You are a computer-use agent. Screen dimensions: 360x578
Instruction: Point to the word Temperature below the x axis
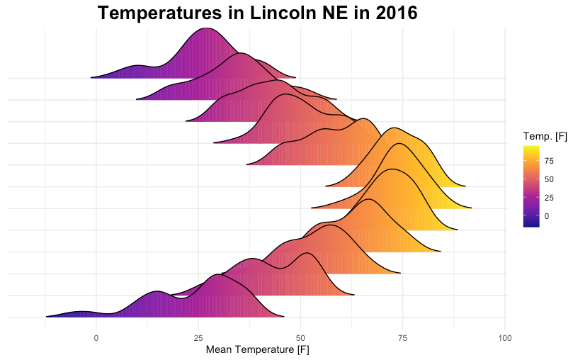(264, 349)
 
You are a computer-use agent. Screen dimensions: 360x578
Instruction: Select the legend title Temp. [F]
(545, 136)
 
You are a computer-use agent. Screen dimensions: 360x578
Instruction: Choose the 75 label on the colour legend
(550, 161)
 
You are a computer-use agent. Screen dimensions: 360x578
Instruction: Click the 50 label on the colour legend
(550, 179)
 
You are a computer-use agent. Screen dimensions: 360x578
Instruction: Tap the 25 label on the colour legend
(550, 198)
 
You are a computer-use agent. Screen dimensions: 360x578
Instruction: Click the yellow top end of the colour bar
(531, 149)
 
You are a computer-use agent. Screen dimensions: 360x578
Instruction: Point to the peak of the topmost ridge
(205, 30)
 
